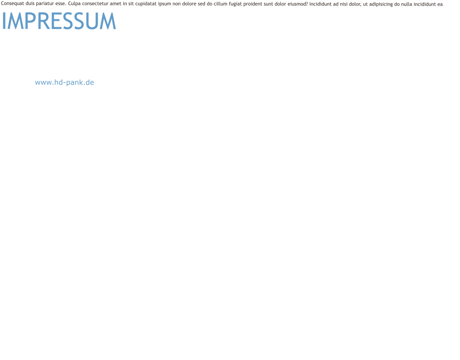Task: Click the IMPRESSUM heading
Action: coord(58,21)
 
